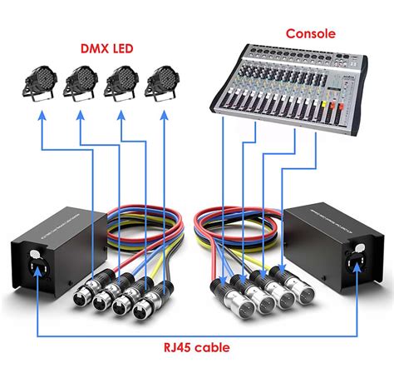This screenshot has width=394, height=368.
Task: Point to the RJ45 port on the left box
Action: [x=38, y=266]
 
